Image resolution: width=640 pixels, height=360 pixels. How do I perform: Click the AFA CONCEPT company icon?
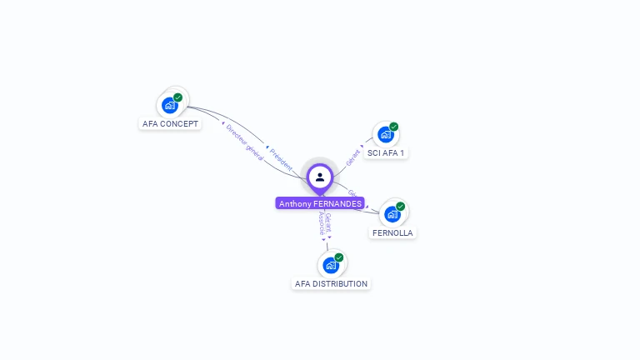click(170, 105)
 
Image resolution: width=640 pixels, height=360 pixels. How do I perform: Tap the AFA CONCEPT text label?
click(171, 124)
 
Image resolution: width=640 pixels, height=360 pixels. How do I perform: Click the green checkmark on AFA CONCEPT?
click(178, 97)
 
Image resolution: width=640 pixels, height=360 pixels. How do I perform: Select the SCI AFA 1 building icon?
click(385, 133)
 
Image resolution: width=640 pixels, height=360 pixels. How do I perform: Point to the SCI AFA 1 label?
click(387, 153)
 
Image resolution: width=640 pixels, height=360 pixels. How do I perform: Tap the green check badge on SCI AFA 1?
click(393, 127)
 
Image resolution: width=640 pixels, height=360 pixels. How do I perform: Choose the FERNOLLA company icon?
click(392, 213)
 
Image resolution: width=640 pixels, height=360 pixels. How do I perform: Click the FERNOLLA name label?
click(392, 233)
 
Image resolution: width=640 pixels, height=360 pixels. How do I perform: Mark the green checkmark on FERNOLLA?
click(401, 206)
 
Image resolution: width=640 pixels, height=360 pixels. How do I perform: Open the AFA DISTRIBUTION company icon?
click(331, 265)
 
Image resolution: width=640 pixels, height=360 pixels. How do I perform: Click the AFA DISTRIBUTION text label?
click(331, 284)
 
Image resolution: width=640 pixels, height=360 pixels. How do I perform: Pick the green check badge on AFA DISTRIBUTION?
click(339, 257)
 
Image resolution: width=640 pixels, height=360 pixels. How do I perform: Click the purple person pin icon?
click(320, 177)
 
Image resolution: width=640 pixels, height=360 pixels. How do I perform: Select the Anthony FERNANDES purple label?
click(320, 203)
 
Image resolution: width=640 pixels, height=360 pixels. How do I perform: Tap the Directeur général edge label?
click(244, 140)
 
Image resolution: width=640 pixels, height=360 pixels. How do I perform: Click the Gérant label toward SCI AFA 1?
click(354, 155)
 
